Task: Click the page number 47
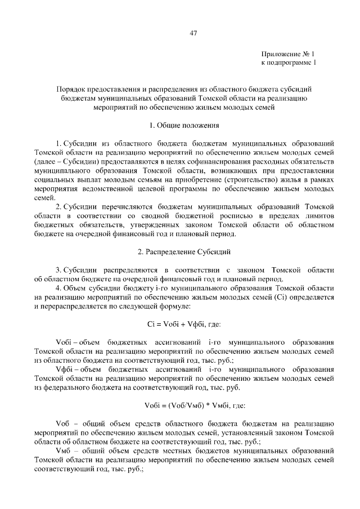click(x=193, y=33)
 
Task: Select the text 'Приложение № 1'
click(x=289, y=53)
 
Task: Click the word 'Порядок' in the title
click(x=70, y=89)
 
